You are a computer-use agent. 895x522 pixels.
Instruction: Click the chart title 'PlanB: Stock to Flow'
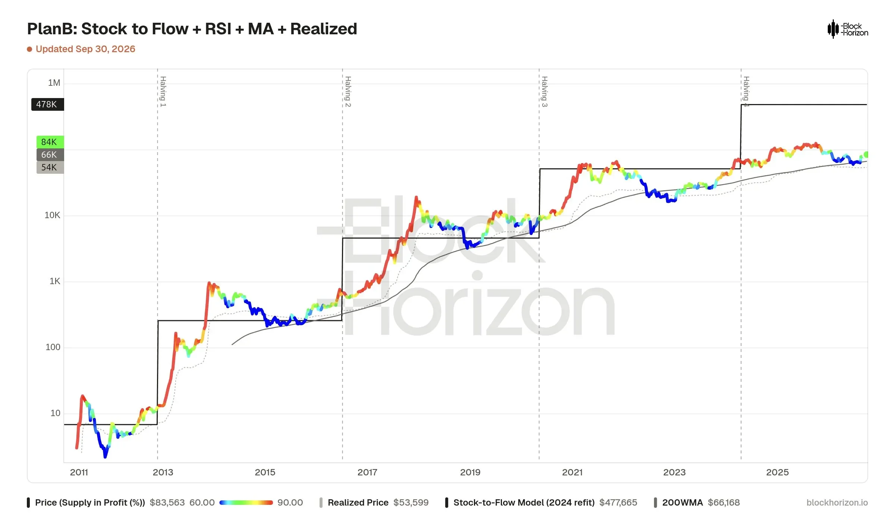pos(107,29)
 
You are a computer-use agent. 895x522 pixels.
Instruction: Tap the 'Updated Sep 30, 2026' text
pos(85,49)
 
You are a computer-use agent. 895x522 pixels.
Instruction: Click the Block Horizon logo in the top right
pos(848,29)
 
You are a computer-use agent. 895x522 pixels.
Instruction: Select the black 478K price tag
pos(47,104)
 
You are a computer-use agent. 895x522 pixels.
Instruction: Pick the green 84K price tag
pos(50,142)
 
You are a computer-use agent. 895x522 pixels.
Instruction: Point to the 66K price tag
pos(50,155)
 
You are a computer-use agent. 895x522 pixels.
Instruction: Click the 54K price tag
pos(50,167)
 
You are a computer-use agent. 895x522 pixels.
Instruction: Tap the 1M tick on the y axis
pos(54,83)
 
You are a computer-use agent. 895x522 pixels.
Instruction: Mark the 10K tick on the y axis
pos(52,215)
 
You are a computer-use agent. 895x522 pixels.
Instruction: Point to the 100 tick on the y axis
pos(53,347)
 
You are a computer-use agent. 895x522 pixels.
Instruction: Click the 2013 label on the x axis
pos(163,472)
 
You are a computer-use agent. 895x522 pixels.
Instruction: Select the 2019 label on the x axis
pos(470,472)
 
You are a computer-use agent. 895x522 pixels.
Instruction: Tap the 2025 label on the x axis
pos(778,472)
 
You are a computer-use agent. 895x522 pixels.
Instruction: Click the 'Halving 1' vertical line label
pos(163,91)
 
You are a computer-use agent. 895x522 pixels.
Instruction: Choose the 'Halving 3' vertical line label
pos(544,91)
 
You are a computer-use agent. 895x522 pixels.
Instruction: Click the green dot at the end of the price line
pos(866,154)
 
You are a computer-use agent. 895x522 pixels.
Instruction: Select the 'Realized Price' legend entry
pos(374,503)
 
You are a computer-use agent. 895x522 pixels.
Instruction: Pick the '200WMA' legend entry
pos(697,503)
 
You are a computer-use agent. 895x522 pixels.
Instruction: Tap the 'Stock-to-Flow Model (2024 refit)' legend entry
pos(541,503)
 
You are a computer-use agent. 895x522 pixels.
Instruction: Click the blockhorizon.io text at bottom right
pos(837,503)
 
